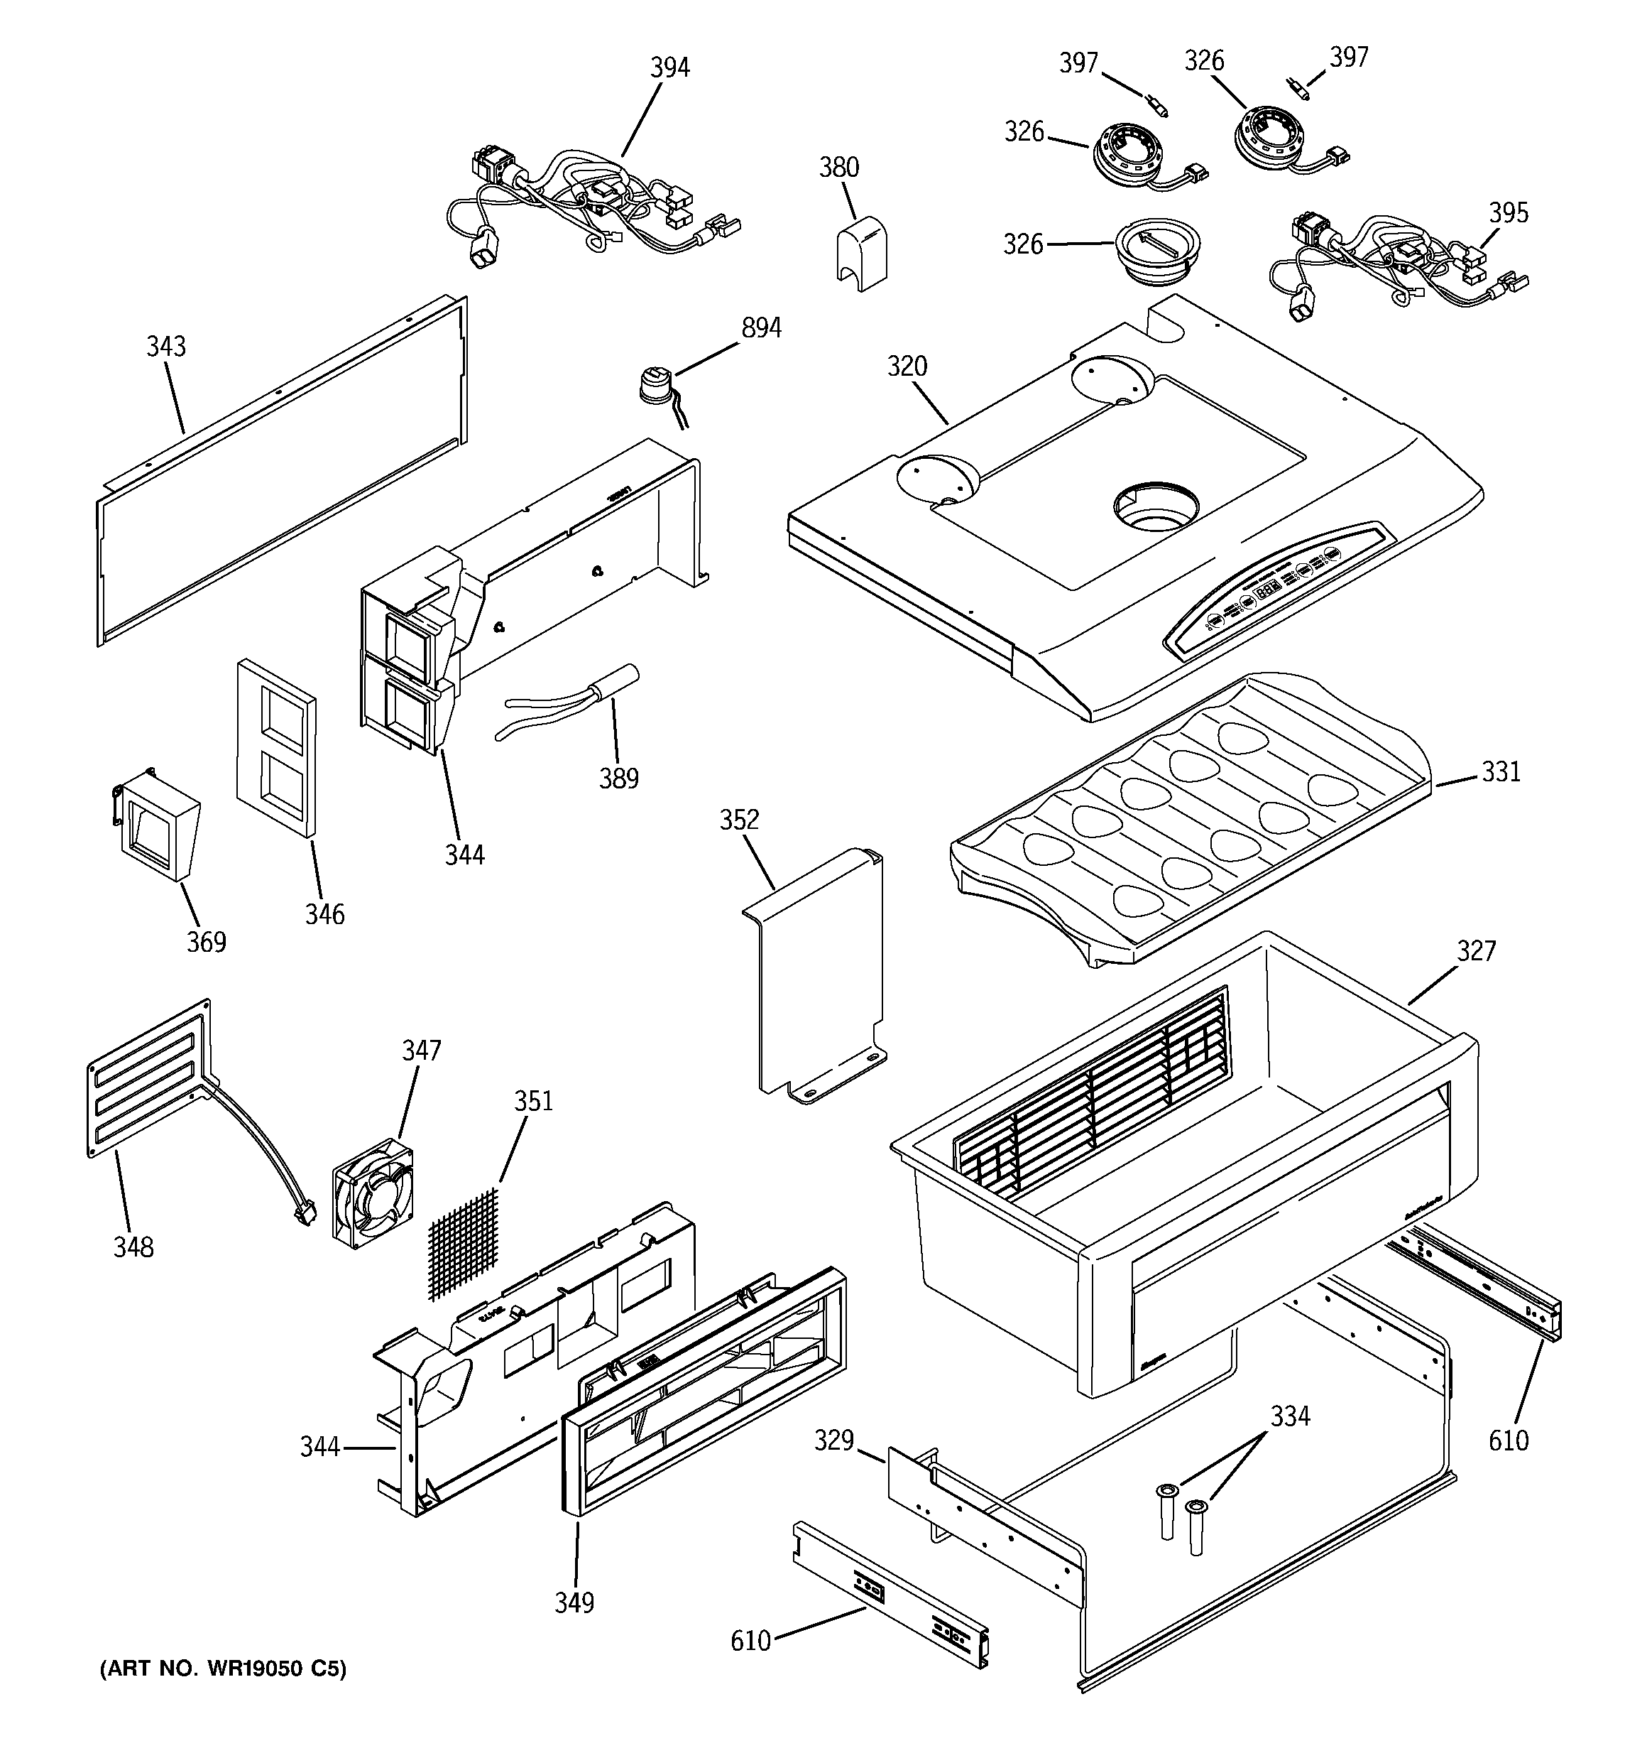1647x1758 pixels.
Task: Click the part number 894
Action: click(x=760, y=328)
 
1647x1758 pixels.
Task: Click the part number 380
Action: click(x=838, y=166)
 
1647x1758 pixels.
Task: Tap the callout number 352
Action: click(x=738, y=820)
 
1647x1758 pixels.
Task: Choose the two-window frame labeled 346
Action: click(x=276, y=747)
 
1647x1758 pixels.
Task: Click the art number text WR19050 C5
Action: click(x=223, y=1669)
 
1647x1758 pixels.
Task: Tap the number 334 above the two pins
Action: click(x=1290, y=1416)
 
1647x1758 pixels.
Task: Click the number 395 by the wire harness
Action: click(x=1508, y=212)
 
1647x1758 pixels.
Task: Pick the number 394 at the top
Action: click(x=669, y=67)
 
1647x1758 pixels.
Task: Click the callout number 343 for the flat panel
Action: click(x=165, y=346)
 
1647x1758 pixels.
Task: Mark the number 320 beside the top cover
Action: click(x=907, y=366)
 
